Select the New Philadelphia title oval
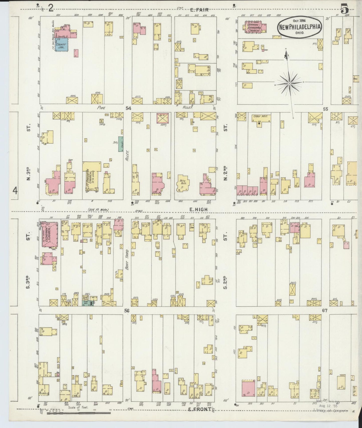(x=299, y=27)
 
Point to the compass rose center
(x=289, y=83)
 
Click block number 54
(x=129, y=108)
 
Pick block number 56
(x=127, y=311)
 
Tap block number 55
(x=325, y=109)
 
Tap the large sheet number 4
(x=16, y=191)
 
